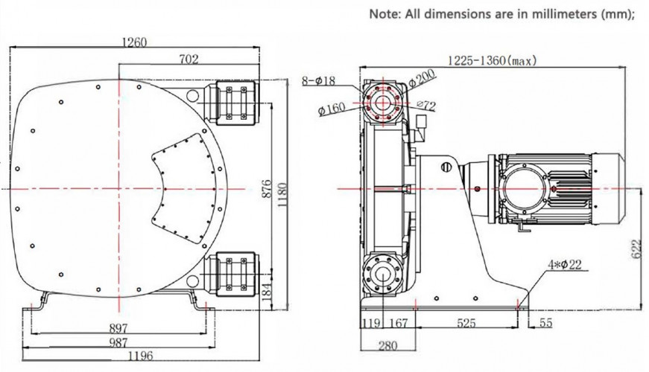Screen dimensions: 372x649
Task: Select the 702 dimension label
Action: pos(189,60)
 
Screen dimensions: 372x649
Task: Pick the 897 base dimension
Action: pos(118,327)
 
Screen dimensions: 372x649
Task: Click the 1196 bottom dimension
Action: pos(118,355)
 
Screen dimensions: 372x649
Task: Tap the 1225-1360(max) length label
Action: pos(491,60)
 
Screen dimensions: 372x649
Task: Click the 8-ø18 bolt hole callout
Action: pos(320,80)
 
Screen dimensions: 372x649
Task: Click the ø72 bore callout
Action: pos(425,106)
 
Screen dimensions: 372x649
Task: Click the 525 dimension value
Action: pos(466,324)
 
